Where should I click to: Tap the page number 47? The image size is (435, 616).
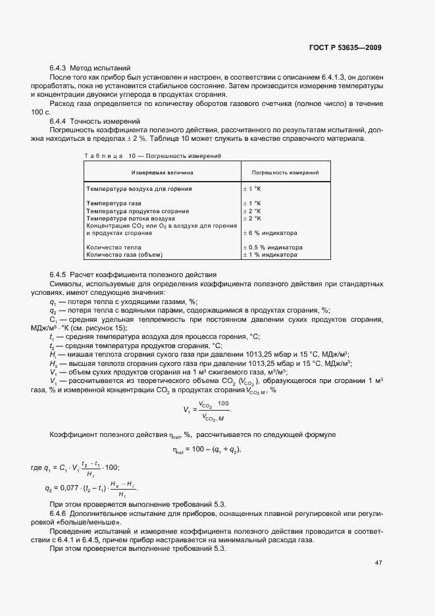(378, 562)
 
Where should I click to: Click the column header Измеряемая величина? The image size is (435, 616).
(162, 172)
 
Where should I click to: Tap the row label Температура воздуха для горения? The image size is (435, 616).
(139, 189)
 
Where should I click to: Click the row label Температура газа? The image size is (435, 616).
(114, 203)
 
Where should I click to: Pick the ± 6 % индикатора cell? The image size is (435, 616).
(270, 232)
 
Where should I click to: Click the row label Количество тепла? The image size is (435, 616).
(115, 247)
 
